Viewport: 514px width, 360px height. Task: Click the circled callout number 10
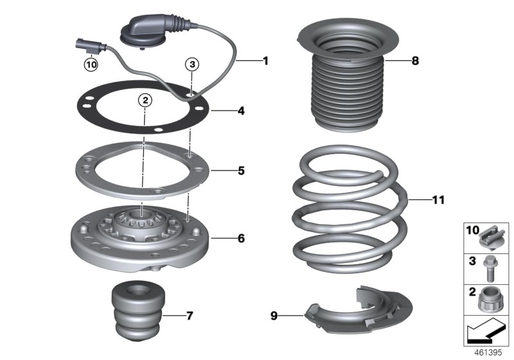click(x=91, y=64)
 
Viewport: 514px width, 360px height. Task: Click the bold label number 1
click(x=265, y=61)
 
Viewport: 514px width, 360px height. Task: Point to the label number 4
click(x=241, y=111)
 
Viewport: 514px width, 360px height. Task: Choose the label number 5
click(x=241, y=171)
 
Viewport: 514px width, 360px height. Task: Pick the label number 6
click(x=241, y=239)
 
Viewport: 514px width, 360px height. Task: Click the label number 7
click(x=189, y=316)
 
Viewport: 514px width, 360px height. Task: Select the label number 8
click(x=414, y=62)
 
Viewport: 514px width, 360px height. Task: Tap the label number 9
click(x=274, y=315)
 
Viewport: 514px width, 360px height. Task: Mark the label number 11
click(x=438, y=201)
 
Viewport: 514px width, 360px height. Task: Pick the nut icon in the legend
click(x=492, y=299)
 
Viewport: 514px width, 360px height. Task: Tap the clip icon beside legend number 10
click(x=493, y=236)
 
